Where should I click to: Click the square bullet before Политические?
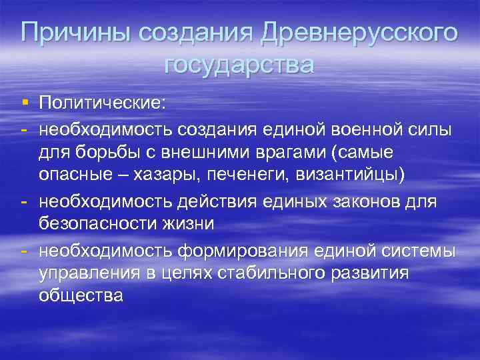[25, 103]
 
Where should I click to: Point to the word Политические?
[104, 104]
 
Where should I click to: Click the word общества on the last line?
[81, 296]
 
